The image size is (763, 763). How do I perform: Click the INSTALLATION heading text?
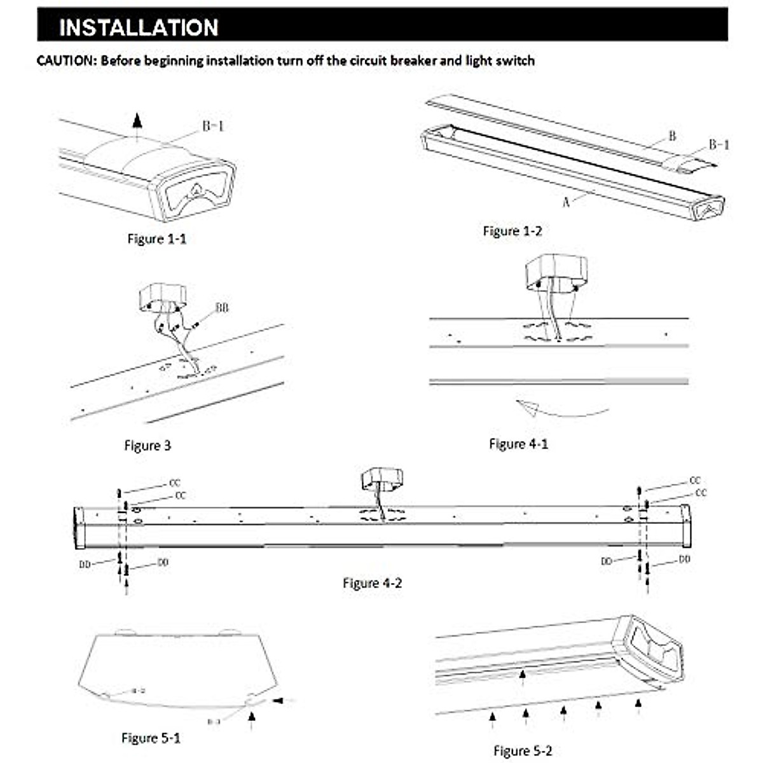[x=139, y=27]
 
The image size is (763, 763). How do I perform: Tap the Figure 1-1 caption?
[x=157, y=239]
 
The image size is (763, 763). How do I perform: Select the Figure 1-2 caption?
[x=512, y=231]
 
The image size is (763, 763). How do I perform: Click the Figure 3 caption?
[x=148, y=446]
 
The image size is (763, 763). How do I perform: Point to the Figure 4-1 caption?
[x=518, y=444]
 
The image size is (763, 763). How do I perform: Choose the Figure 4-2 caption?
[x=372, y=583]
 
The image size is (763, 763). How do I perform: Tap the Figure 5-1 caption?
[x=151, y=738]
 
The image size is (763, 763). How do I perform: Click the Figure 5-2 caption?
[x=523, y=751]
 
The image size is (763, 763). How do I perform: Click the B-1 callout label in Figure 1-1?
[x=213, y=127]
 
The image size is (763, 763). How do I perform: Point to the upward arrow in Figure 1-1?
[x=137, y=122]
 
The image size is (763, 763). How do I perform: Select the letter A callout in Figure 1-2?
[x=565, y=202]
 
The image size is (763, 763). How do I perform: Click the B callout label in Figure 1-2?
[x=672, y=136]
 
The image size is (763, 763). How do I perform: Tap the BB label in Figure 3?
[x=221, y=308]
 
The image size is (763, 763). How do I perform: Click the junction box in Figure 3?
[x=162, y=297]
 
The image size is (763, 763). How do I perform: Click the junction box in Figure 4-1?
[x=556, y=272]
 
